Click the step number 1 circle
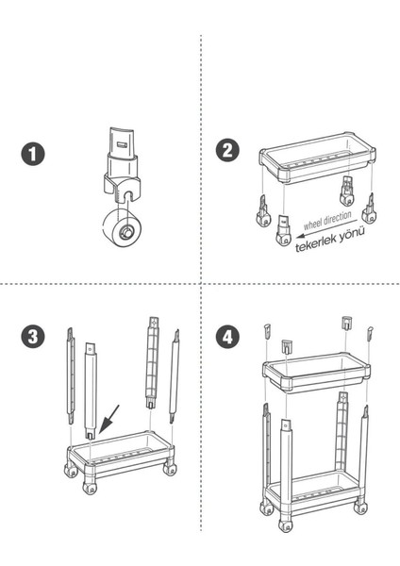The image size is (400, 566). tap(33, 154)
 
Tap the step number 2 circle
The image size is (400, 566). tap(227, 150)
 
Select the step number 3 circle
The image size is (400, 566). tap(33, 337)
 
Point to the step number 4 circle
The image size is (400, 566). tap(227, 337)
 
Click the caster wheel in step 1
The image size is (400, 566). tap(122, 228)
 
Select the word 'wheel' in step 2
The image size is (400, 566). tap(312, 225)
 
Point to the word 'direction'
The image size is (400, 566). tap(337, 219)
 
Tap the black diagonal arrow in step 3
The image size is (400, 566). tap(108, 419)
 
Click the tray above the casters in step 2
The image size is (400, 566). tap(317, 158)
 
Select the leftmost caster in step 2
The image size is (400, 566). tap(263, 212)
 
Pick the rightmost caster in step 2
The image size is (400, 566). tap(369, 209)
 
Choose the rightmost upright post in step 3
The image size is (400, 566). tap(175, 375)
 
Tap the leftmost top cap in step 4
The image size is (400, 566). tap(267, 330)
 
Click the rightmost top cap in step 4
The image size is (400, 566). tap(370, 334)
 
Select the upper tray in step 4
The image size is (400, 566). tap(317, 373)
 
